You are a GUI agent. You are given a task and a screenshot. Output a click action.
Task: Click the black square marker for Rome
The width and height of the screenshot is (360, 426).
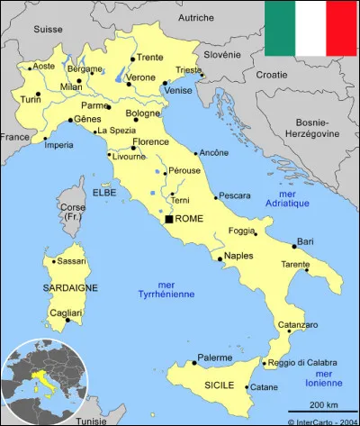pos(168,219)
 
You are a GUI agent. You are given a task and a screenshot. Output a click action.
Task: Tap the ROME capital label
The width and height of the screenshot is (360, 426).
pos(189,219)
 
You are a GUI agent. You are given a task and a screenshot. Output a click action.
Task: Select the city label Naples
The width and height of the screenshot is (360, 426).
pos(238,256)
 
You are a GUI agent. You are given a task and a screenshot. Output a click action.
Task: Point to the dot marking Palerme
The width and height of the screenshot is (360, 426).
pos(193,363)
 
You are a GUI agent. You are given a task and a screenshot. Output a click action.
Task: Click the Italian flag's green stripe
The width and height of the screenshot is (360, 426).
pos(279,28)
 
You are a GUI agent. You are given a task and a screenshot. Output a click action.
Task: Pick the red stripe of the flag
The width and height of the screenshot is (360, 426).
pos(343,28)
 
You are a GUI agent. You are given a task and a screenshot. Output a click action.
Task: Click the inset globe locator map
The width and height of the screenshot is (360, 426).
pos(40,382)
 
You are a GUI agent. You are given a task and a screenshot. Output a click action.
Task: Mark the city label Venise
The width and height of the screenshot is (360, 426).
pos(178,91)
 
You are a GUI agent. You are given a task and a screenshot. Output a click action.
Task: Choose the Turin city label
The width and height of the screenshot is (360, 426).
pos(31,99)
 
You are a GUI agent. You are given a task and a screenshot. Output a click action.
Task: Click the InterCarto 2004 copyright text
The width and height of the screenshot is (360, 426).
pos(322,421)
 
